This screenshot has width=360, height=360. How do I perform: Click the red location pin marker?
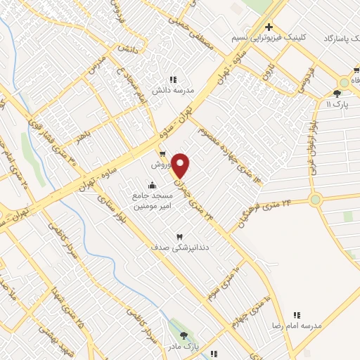(x=181, y=166)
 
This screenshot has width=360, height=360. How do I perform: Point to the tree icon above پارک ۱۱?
(x=337, y=93)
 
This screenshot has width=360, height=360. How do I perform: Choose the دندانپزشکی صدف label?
(x=180, y=247)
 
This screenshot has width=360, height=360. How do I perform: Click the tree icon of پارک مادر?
(x=184, y=335)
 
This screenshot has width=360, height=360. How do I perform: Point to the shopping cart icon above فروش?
(x=162, y=154)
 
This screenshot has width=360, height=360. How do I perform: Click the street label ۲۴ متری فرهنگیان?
(x=268, y=207)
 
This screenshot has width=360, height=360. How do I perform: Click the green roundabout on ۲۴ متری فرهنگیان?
(x=315, y=200)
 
